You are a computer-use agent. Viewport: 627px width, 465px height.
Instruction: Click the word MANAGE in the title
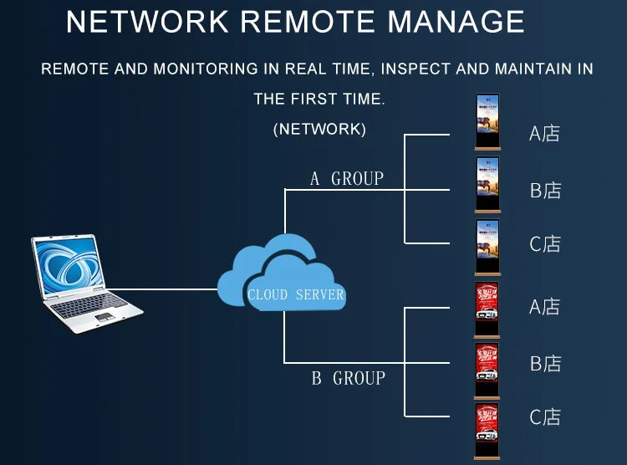point(456,21)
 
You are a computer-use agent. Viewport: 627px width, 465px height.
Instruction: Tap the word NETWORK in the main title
point(147,21)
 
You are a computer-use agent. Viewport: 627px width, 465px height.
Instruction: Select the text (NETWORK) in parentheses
point(319,130)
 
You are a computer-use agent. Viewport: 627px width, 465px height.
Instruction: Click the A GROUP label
point(347,178)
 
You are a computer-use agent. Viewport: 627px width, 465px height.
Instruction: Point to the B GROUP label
point(349,378)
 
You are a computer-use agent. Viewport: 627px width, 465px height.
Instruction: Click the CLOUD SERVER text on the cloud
point(296,294)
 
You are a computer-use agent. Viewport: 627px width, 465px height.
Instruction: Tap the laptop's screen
point(69,265)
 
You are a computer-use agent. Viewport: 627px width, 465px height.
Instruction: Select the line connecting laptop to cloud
point(163,289)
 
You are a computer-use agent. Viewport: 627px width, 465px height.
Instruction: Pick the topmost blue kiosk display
point(487,122)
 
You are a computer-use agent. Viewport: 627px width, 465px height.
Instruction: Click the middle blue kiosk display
point(487,185)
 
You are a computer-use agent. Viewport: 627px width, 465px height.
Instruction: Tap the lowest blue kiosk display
point(487,248)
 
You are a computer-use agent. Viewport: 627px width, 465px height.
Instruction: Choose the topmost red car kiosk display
point(487,309)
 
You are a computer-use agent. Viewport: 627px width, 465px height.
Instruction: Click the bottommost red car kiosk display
point(487,432)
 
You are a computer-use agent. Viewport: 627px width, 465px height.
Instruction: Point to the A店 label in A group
point(544,134)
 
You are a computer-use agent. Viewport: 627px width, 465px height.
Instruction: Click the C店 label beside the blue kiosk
point(545,243)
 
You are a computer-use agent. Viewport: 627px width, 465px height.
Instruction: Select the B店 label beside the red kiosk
point(545,364)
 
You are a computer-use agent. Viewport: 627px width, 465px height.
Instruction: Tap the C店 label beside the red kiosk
point(545,417)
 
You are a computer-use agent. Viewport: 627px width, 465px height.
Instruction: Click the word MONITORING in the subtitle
point(206,69)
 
